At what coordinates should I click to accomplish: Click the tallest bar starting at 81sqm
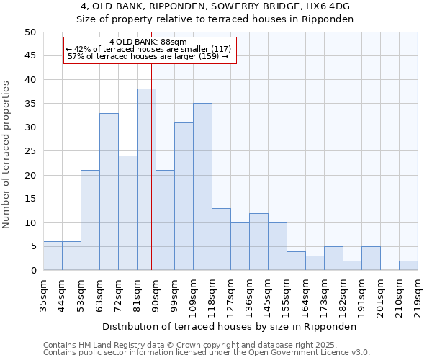(x=146, y=179)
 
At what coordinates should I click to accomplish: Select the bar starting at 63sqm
(x=109, y=192)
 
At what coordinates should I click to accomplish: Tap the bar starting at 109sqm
(x=202, y=186)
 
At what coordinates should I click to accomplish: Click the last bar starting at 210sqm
(x=408, y=266)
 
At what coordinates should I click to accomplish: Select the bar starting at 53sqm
(x=90, y=220)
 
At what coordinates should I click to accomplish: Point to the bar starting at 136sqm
(x=258, y=242)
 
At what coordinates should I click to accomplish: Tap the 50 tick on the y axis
(x=30, y=32)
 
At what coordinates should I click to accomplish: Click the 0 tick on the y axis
(x=32, y=271)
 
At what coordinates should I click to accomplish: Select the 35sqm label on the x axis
(x=43, y=294)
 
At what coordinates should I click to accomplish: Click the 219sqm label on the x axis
(x=418, y=294)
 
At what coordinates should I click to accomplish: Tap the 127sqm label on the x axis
(x=230, y=294)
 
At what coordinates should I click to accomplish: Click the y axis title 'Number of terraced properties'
(x=6, y=155)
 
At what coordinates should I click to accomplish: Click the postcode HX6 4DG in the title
(x=289, y=6)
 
